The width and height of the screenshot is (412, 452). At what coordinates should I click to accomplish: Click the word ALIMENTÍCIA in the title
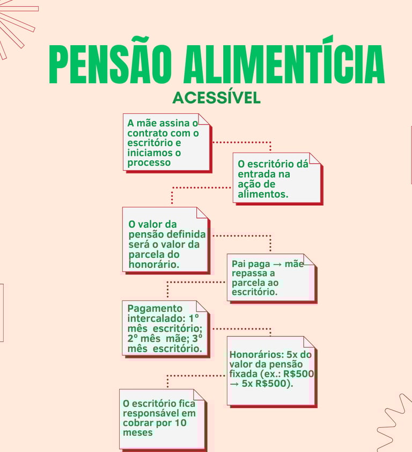284,64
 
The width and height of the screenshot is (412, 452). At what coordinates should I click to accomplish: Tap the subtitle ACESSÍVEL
217,98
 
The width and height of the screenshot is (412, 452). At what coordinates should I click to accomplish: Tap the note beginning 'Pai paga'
271,277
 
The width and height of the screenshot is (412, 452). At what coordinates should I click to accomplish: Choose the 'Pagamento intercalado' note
165,328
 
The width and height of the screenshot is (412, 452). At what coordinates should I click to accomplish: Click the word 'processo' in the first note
149,163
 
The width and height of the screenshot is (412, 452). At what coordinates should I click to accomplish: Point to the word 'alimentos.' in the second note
263,195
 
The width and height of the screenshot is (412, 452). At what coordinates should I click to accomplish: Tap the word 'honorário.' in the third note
154,264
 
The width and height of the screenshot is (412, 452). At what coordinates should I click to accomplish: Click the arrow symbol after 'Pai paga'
278,264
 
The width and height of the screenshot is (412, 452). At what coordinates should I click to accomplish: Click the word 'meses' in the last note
138,433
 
